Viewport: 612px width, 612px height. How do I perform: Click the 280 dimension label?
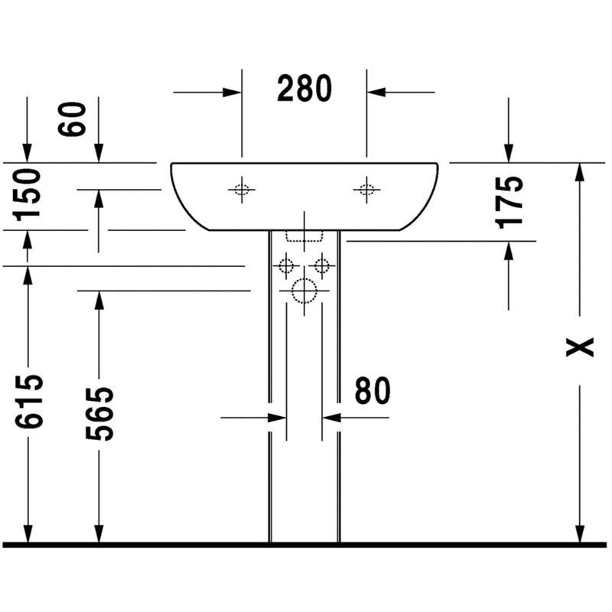(304, 89)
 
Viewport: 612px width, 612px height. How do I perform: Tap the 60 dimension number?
(72, 119)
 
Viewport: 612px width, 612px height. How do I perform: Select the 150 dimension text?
(27, 195)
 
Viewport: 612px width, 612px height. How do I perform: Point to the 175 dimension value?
(509, 202)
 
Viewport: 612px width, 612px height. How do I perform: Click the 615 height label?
(28, 401)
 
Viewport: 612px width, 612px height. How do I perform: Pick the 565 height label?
(99, 414)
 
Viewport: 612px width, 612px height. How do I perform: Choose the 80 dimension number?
(373, 390)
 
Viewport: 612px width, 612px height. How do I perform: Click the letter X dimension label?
(580, 347)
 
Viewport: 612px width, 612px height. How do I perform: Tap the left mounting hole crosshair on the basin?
(242, 190)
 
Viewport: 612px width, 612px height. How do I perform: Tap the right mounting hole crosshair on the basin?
(366, 190)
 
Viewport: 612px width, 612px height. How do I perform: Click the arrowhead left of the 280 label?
(232, 93)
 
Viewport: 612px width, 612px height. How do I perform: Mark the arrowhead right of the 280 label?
(376, 93)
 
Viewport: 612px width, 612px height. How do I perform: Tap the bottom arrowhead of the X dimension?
(580, 532)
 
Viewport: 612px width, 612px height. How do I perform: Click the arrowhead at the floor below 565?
(99, 532)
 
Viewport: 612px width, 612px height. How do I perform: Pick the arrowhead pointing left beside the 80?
(332, 418)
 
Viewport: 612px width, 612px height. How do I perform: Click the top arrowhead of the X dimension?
(580, 173)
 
